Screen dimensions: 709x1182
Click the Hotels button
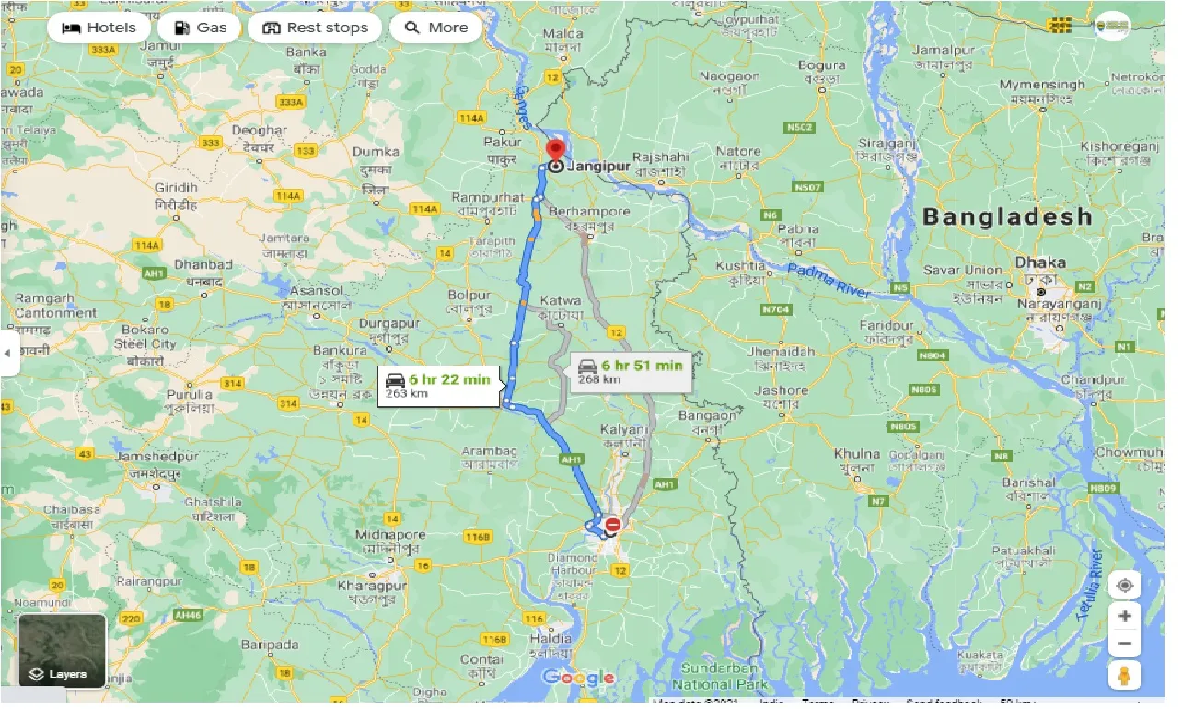98,28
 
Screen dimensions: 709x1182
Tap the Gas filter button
199,28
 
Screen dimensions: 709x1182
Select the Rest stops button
315,28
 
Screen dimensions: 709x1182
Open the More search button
436,28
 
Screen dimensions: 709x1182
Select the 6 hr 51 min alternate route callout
630,371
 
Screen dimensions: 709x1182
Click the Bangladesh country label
1007,217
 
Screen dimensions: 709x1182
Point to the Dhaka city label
1039,262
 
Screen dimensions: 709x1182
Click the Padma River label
828,279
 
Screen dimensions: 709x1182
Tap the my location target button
1124,585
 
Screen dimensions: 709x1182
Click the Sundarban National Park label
715,676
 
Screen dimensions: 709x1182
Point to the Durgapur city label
391,324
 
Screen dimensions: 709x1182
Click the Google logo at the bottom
578,679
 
